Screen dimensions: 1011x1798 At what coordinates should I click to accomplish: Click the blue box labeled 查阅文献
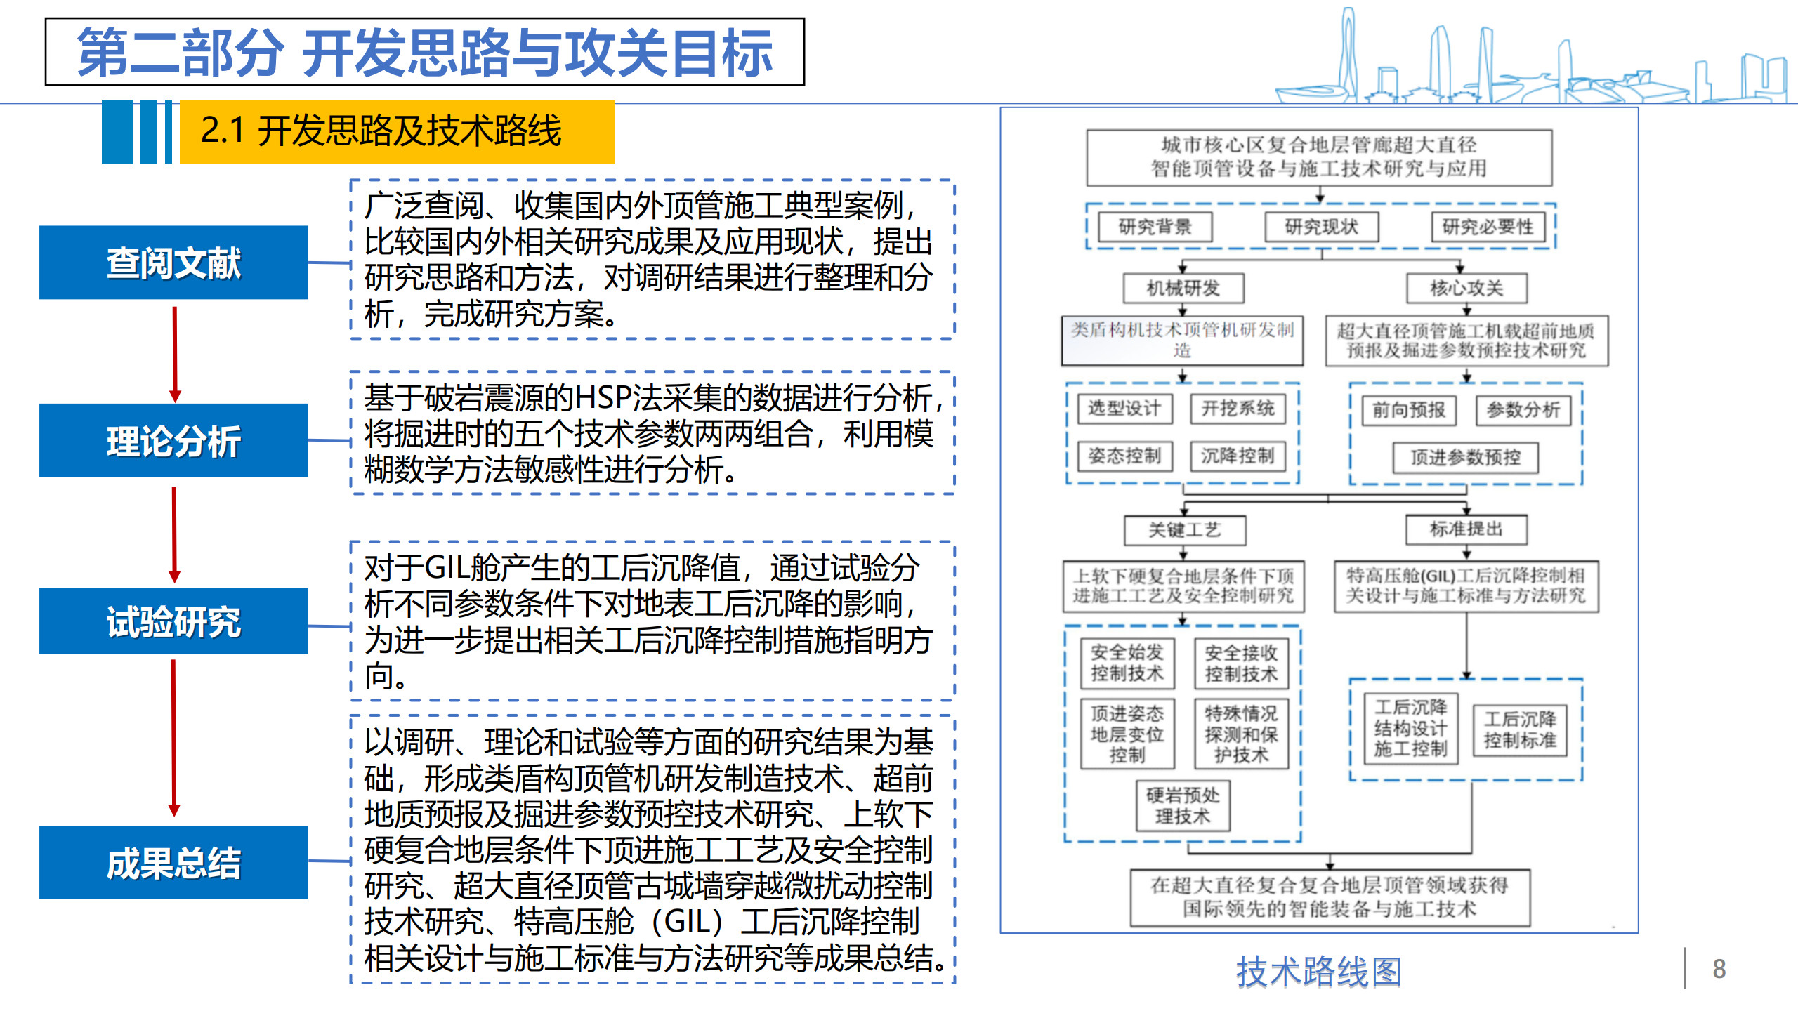coord(173,263)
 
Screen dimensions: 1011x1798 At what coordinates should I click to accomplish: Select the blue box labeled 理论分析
coord(173,441)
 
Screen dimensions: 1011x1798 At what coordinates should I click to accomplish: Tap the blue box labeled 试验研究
coord(173,621)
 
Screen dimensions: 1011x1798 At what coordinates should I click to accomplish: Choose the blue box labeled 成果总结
coord(173,862)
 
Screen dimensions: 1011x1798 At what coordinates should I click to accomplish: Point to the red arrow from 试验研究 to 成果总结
coord(174,737)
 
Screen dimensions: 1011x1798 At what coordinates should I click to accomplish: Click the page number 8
coord(1719,969)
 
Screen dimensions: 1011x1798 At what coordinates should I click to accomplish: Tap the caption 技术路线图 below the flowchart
coord(1318,972)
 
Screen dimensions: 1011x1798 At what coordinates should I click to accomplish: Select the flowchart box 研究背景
coord(1155,227)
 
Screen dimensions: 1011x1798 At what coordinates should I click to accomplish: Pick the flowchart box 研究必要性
coord(1488,227)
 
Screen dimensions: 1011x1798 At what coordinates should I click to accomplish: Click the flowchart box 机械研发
coord(1183,288)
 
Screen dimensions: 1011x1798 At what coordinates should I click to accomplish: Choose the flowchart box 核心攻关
coord(1466,288)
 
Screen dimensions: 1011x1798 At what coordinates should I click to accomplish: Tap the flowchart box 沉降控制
coord(1238,456)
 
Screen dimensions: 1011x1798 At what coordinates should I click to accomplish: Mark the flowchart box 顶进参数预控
coord(1466,458)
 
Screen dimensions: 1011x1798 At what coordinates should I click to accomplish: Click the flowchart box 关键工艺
coord(1185,530)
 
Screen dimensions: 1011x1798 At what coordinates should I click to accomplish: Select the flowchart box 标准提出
coord(1466,529)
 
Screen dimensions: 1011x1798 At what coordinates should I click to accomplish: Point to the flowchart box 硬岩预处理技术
coord(1183,805)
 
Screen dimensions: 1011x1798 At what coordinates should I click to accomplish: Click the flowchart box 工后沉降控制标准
coord(1520,729)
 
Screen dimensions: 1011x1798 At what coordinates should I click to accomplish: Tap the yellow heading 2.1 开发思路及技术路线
coord(397,131)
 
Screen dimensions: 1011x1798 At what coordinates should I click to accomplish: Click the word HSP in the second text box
coord(603,398)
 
